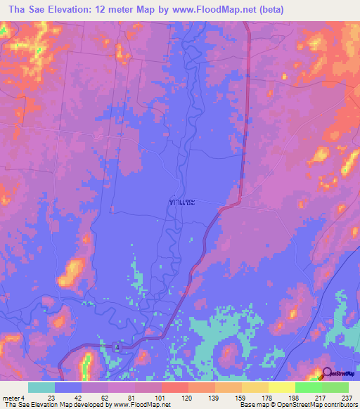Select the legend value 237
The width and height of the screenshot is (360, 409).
pyautogui.click(x=344, y=397)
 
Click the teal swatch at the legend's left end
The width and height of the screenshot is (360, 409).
pyautogui.click(x=41, y=387)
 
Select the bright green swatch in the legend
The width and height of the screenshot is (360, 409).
pyautogui.click(x=308, y=387)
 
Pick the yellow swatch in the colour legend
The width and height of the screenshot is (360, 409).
pyautogui.click(x=281, y=387)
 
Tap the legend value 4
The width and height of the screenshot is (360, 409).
pyautogui.click(x=32, y=397)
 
